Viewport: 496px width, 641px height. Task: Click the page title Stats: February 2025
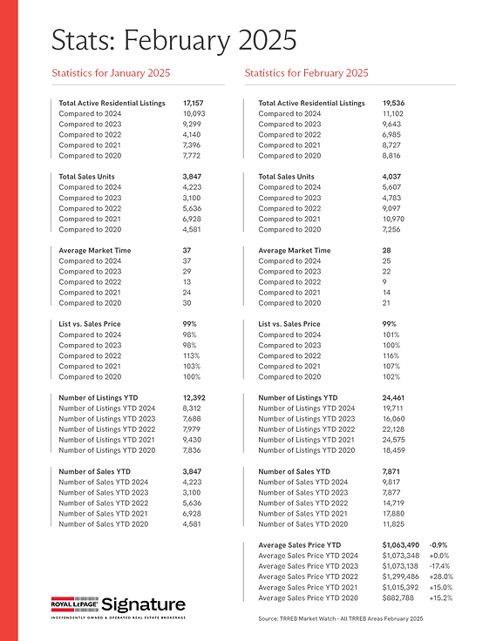pos(173,40)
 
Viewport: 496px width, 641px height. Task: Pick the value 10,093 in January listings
pos(194,114)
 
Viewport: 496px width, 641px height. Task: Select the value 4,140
pos(193,135)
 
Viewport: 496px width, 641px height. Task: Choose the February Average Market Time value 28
pos(387,250)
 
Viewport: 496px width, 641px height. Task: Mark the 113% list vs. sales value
pos(190,355)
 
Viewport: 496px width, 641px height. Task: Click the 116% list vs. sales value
pos(391,355)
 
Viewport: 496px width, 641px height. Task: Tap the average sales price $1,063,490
pos(402,544)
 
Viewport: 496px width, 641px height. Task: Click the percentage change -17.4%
pos(441,565)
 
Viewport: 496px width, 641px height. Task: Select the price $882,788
pos(399,597)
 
